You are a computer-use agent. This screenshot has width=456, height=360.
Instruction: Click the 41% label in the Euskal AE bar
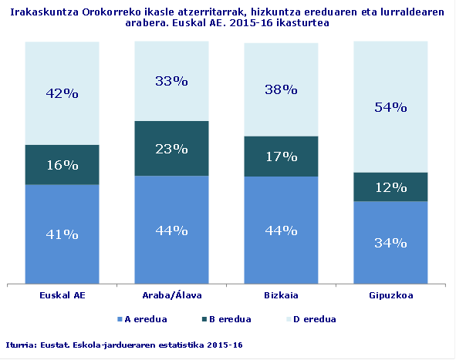coord(62,234)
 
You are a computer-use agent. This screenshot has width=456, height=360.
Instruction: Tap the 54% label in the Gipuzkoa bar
coord(390,107)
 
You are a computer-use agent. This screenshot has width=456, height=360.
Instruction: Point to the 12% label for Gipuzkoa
coord(390,187)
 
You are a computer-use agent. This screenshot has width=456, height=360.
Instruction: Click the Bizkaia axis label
coord(281,295)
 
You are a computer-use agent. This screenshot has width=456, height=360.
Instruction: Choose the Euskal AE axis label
coord(62,295)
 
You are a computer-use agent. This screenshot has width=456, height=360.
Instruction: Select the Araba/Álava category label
coord(171,295)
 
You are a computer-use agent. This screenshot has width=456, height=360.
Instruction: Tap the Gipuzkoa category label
coord(390,295)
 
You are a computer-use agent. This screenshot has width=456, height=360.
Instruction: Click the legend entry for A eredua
coord(146,318)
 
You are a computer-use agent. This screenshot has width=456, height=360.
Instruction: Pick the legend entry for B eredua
coord(229,318)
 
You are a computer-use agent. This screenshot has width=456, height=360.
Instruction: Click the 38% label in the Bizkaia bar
coord(281,89)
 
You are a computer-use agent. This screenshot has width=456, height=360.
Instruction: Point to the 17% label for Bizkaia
coord(281,156)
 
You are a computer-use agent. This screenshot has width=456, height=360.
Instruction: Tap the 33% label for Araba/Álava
coord(171,80)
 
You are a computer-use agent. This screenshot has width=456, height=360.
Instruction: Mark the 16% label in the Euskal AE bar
coord(62,165)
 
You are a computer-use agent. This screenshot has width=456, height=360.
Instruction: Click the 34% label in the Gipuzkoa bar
coord(390,243)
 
